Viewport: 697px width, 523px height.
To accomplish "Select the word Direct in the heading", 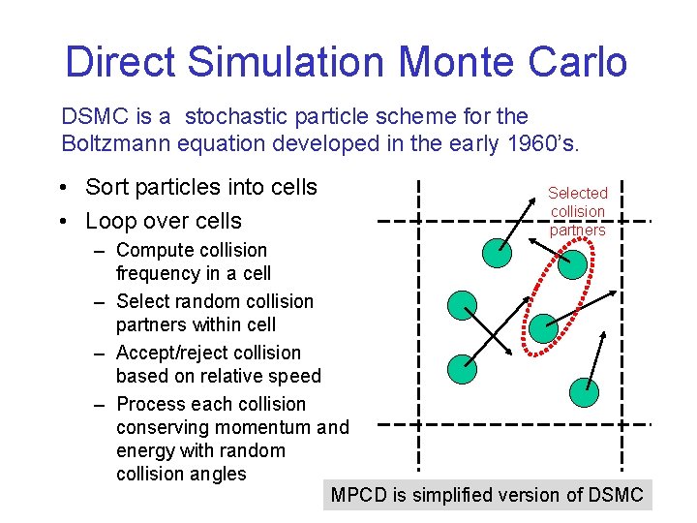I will (x=121, y=62).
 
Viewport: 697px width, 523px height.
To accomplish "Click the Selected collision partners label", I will (x=578, y=211).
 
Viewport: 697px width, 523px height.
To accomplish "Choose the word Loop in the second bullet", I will (x=110, y=221).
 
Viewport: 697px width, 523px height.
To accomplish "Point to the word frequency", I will (x=160, y=273).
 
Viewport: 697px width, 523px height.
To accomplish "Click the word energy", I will (x=146, y=450).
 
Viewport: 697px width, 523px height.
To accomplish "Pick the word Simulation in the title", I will (x=288, y=62).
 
